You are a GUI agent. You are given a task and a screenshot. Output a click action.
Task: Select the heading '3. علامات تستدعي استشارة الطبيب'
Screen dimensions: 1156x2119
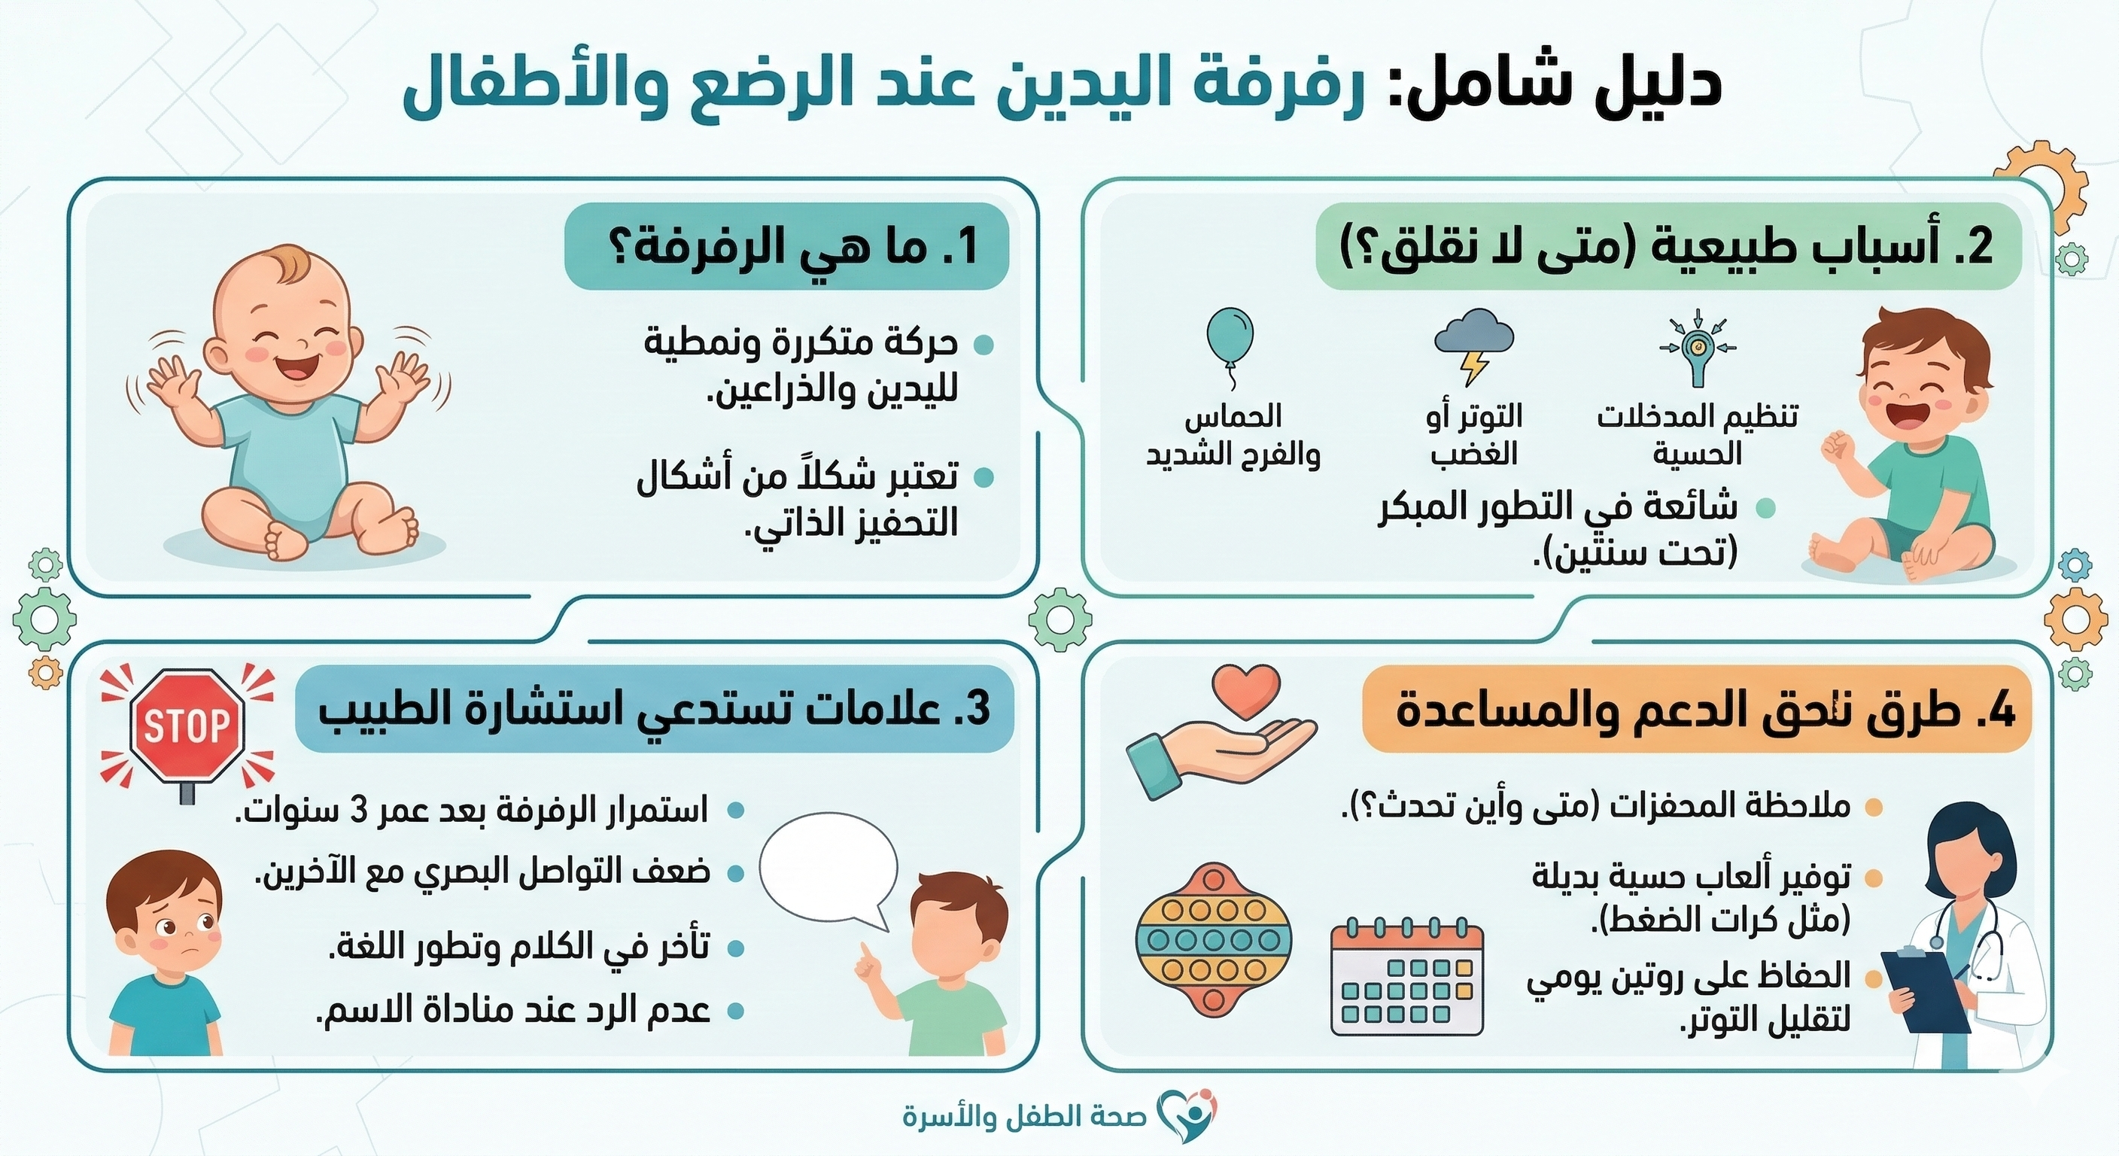tap(654, 709)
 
